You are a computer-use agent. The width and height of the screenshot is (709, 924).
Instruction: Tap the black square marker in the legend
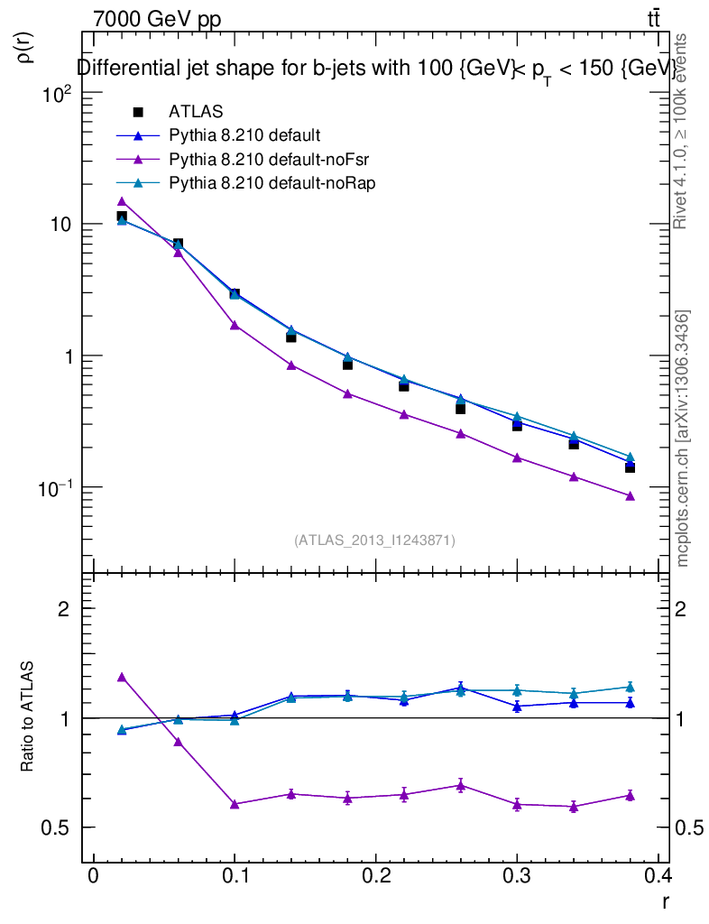[138, 113]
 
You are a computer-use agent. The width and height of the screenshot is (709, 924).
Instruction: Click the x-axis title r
[665, 901]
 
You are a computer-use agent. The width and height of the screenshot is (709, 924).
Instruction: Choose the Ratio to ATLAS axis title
[28, 718]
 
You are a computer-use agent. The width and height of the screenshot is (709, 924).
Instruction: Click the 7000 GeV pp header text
[157, 20]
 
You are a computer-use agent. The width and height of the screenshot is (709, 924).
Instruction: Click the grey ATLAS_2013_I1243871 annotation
[374, 541]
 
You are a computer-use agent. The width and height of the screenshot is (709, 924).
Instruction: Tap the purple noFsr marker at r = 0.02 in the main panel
[122, 201]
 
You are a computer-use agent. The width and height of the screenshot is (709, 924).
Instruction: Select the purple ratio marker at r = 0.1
[235, 804]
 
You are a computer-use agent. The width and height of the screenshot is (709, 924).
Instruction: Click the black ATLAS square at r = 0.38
[630, 467]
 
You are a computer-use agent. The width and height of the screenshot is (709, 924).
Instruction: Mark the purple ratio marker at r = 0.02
[122, 677]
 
